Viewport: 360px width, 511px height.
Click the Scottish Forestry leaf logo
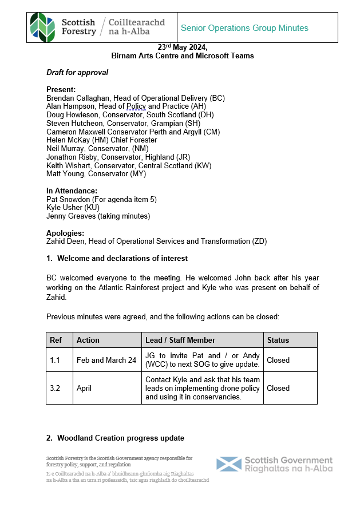pos(43,27)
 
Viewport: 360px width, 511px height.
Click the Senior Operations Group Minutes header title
pos(244,28)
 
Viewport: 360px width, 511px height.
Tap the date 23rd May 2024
pos(183,48)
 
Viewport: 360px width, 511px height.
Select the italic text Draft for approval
pos(77,73)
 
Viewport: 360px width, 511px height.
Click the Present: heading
pos(61,90)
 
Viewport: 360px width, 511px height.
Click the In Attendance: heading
pos(72,191)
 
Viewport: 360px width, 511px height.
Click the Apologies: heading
pos(65,233)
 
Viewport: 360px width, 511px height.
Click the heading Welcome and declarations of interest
pos(122,259)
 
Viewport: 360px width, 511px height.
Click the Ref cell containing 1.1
pos(56,360)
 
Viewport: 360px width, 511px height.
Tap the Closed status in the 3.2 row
pos(278,388)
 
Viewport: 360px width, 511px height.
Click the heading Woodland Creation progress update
pos(121,438)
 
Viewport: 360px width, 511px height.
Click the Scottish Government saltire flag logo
pos(229,465)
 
